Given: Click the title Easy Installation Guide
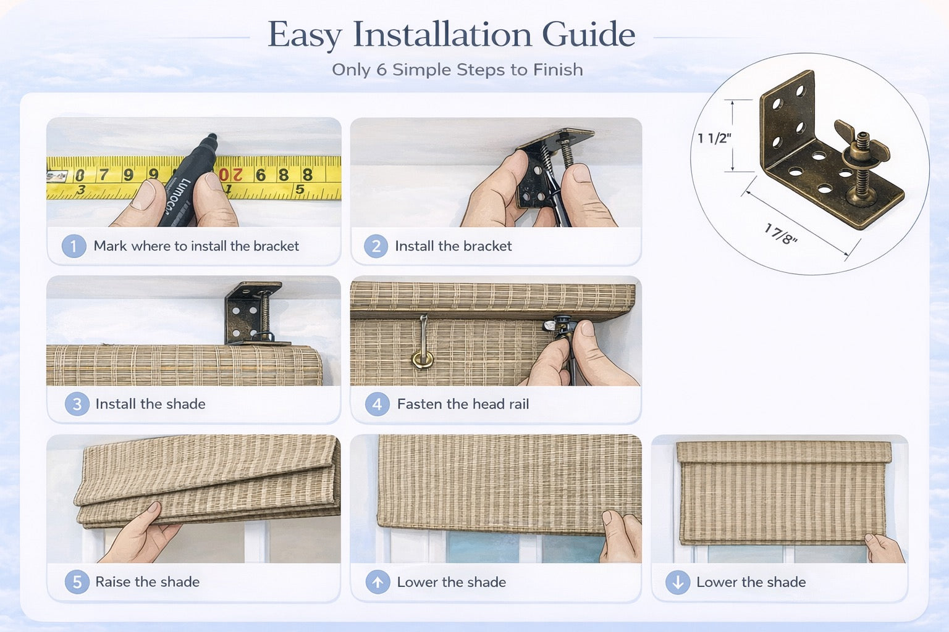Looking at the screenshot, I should coord(451,35).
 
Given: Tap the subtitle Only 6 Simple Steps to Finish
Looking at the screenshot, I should coord(457,70).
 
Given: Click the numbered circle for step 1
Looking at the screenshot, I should coord(74,246).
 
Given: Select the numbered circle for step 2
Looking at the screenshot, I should coord(376,246).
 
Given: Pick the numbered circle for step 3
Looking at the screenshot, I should coord(77,404).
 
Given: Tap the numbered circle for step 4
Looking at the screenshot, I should coord(377,404).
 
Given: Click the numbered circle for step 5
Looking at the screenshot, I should coord(77,582).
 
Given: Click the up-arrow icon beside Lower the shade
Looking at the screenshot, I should coord(377,582).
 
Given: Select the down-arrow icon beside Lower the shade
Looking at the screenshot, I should coord(678,582).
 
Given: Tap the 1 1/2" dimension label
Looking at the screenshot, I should coord(714,138).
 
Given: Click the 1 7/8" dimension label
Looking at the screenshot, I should coord(780,234).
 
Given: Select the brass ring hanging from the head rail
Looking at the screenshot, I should coord(423,360).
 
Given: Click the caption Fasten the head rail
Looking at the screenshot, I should coord(463,404).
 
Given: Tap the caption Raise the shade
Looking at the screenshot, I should coord(147,582).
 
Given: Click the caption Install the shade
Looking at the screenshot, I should coord(150,404).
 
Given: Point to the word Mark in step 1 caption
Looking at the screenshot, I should coord(110,246).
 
